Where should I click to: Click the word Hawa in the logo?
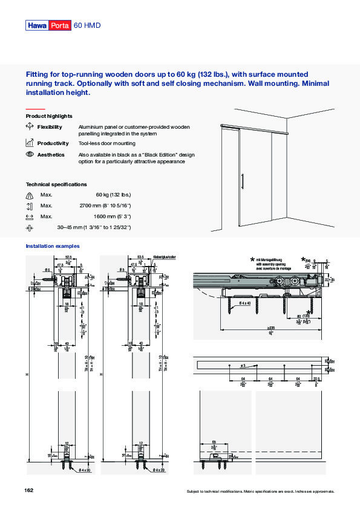tap(36, 26)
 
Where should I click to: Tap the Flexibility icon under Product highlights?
tap(30, 126)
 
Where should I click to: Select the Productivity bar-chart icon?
tap(30, 143)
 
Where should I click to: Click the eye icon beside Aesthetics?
tap(30, 155)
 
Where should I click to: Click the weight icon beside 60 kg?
tap(30, 195)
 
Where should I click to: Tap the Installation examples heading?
tap(52, 246)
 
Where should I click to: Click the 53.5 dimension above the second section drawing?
tap(140, 257)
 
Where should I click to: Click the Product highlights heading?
tap(49, 115)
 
